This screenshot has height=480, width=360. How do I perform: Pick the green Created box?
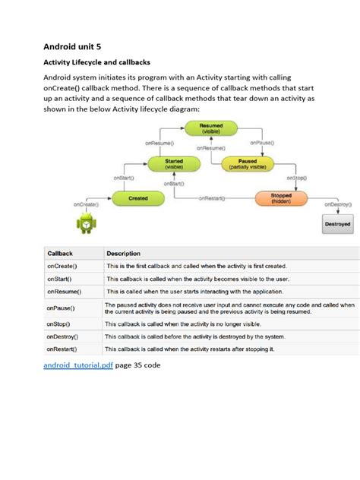pos(138,197)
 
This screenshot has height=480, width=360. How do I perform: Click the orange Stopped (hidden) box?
pos(282,197)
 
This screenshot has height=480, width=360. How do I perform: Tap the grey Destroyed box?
pos(337,224)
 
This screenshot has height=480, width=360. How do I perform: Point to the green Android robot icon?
pos(86,223)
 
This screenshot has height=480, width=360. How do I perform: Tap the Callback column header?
pos(60,253)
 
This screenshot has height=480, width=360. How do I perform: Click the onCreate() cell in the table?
pos(62,266)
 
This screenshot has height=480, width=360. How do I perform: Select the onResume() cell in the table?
pos(64,291)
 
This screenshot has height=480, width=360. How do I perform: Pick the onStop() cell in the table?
pos(60,323)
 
